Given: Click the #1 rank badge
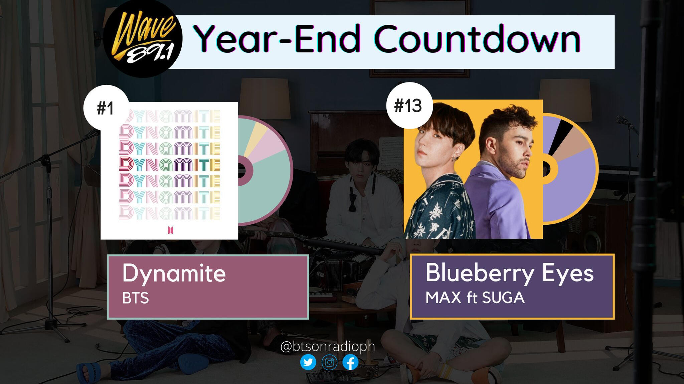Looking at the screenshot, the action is pos(106,108).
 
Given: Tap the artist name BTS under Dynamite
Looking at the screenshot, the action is pos(135,298).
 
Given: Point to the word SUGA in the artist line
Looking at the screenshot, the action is pos(503,298).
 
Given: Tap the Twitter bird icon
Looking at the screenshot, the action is pos(308,362).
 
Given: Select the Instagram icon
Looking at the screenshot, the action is pos(329,362).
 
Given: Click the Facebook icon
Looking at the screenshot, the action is pos(351,362).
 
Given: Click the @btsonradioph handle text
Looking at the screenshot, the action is pos(328,346).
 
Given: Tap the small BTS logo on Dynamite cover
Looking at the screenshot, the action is pos(171,230).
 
